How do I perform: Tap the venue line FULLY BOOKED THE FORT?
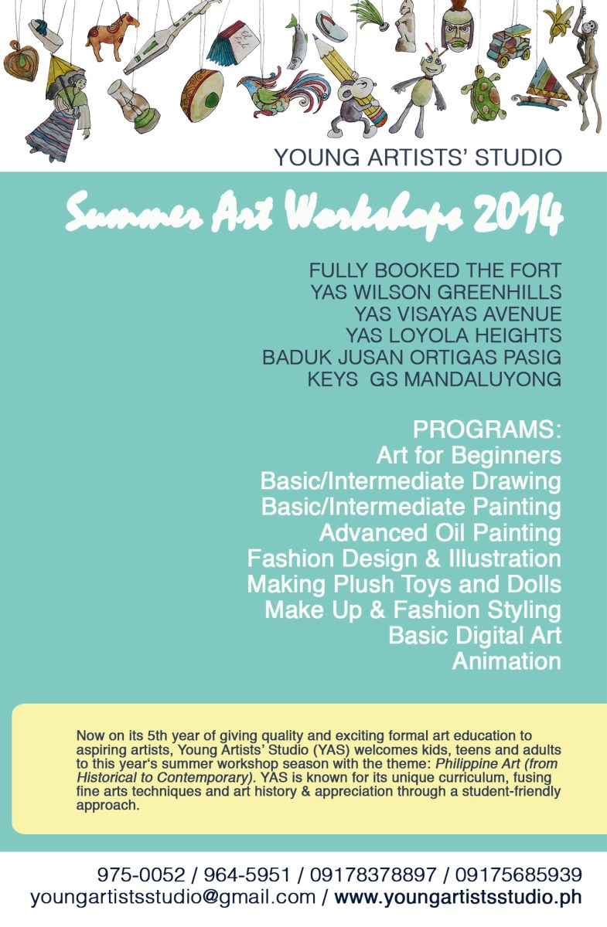click(435, 271)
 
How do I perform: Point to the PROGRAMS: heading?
click(486, 430)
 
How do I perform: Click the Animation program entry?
click(506, 661)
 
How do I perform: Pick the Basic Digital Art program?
click(474, 636)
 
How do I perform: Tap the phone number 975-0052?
click(141, 875)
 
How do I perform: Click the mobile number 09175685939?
click(518, 875)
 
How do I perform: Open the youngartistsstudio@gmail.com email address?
click(173, 898)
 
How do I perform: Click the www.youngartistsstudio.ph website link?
click(457, 898)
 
